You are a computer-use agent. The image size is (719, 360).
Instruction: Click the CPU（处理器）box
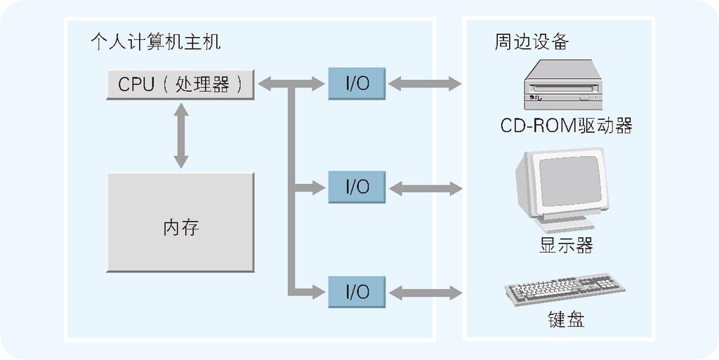[x=180, y=84]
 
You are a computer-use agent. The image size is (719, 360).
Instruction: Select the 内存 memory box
[x=180, y=222]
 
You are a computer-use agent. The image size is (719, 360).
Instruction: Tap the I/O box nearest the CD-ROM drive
[x=357, y=84]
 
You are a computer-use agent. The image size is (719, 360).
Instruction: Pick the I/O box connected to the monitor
[x=357, y=187]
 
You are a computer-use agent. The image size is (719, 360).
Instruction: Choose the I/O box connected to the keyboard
[x=357, y=291]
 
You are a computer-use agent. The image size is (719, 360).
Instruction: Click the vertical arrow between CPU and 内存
[x=181, y=135]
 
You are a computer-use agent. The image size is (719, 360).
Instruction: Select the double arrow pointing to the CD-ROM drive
[x=424, y=84]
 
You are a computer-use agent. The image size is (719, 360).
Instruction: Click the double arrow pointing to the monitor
[x=424, y=188]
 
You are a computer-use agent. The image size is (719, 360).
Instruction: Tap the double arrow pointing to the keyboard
[x=424, y=293]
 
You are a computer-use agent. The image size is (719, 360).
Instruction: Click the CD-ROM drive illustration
[x=563, y=85]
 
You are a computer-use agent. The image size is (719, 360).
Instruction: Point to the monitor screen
[x=569, y=180]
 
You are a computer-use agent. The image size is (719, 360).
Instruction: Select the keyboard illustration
[x=564, y=288]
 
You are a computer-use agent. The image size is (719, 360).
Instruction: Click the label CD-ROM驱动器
[x=566, y=126]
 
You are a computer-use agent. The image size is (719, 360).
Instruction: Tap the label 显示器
[x=566, y=246]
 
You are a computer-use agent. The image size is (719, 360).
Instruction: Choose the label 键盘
[x=566, y=321]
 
